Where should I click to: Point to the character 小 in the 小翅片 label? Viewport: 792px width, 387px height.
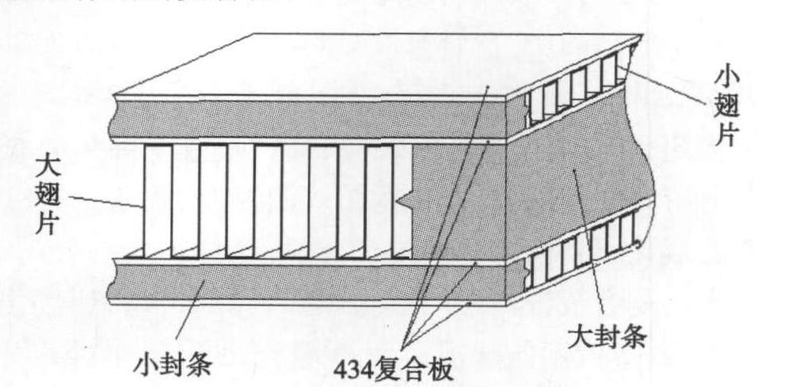pyautogui.click(x=727, y=78)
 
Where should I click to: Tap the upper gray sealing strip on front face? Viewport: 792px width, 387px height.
pyautogui.click(x=301, y=119)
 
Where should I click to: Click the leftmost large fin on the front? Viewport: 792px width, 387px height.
pyautogui.click(x=157, y=198)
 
